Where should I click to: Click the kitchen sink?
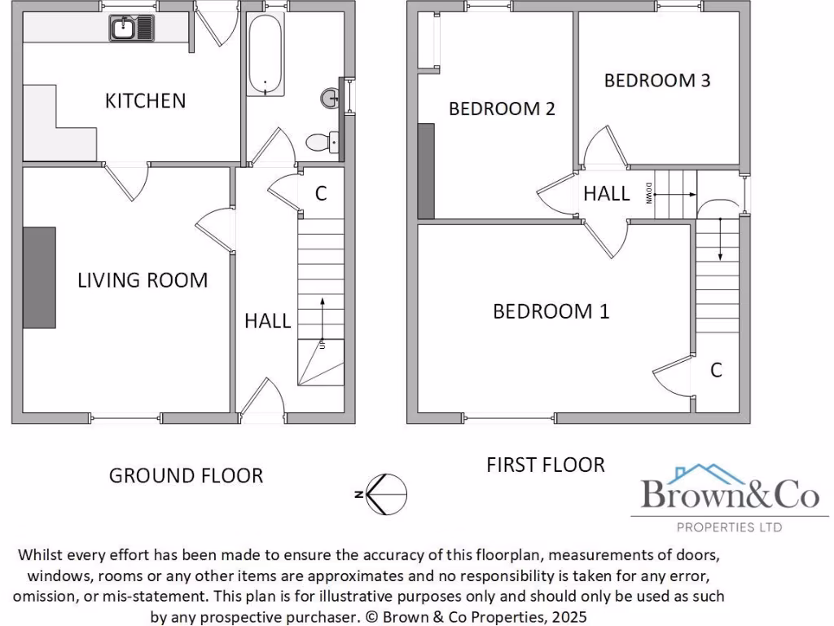[131, 30]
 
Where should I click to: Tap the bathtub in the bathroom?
[266, 55]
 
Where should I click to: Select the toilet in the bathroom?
[321, 143]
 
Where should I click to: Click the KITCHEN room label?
[145, 100]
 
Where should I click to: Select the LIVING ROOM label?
[143, 280]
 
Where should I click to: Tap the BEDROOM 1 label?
[551, 311]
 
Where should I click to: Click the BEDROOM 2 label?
[502, 108]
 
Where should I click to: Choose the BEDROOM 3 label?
[656, 80]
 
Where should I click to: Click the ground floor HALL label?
[267, 320]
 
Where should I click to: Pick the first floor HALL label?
[606, 193]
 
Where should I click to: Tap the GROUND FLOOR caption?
[186, 475]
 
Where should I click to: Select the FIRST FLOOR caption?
[545, 465]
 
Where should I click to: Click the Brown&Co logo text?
[730, 494]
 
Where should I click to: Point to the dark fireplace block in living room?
[39, 277]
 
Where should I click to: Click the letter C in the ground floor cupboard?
[321, 193]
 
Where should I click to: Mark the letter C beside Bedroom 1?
[716, 370]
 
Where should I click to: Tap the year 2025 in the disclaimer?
[567, 617]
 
